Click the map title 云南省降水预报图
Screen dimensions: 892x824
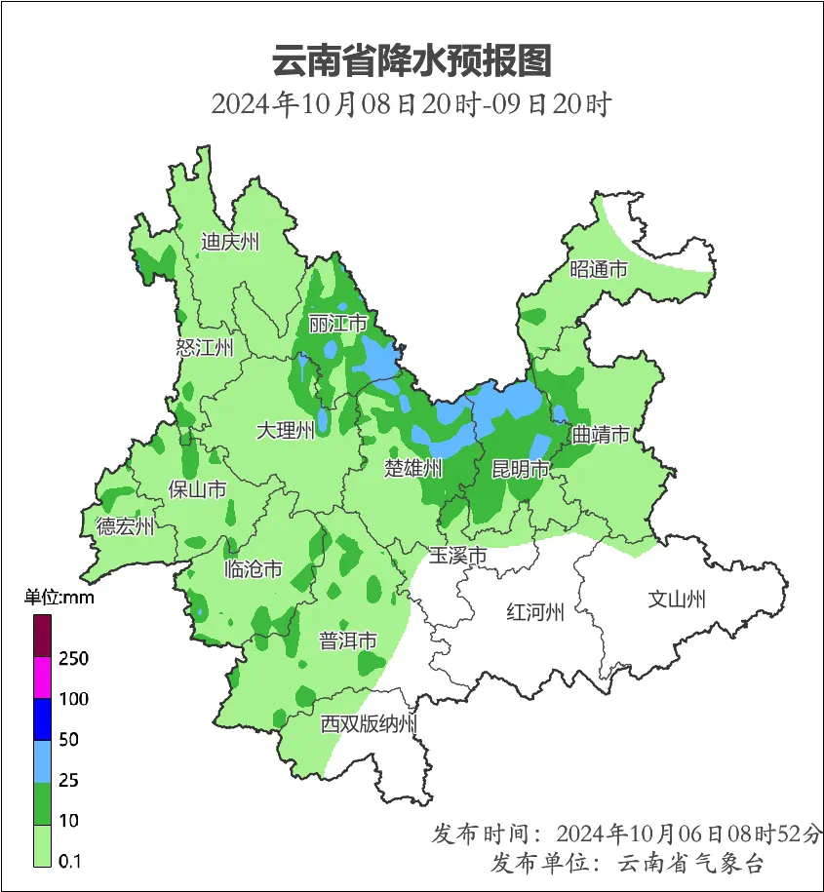412,60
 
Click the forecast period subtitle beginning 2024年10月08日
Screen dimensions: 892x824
412,104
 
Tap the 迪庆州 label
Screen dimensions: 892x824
230,242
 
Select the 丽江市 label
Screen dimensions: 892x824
337,323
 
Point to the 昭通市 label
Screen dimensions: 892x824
599,270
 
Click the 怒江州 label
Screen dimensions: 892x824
205,348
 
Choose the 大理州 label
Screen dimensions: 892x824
286,430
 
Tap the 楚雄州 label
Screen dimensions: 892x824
413,469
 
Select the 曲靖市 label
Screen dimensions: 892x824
600,435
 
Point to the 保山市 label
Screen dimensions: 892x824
198,489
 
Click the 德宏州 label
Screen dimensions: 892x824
125,527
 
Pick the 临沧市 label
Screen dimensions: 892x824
254,569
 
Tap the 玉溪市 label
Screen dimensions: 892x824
458,556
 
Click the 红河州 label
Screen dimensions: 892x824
535,612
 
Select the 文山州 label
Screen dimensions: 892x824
677,600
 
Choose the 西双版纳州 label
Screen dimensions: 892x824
370,724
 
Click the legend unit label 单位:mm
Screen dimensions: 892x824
59,598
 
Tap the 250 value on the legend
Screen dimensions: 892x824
73,659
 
